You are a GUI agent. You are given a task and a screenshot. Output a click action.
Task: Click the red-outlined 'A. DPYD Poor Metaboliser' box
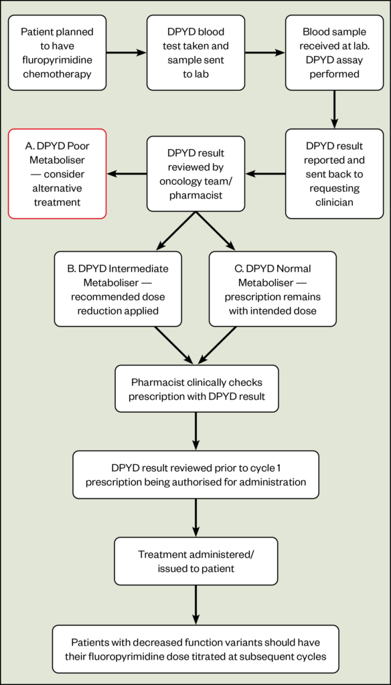(57, 173)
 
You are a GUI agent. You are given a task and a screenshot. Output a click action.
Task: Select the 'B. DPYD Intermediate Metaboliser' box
(118, 289)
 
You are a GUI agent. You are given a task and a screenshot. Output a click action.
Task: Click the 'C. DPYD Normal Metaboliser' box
(272, 289)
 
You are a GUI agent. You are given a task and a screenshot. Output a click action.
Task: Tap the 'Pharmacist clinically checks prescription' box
(196, 389)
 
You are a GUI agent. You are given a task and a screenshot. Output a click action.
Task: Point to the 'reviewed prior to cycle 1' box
(196, 474)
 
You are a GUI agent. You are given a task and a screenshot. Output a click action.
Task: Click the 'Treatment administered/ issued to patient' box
(196, 561)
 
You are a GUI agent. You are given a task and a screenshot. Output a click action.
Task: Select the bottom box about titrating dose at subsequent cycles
(195, 649)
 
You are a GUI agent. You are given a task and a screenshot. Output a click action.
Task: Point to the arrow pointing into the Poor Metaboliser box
(127, 173)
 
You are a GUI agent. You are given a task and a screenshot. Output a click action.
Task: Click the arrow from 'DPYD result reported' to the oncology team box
(265, 173)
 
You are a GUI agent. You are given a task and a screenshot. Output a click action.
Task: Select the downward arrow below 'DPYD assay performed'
(334, 109)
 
